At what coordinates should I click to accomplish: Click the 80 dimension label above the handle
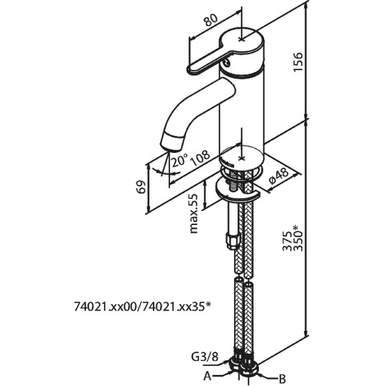click(211, 20)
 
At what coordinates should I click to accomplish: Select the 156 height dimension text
click(298, 62)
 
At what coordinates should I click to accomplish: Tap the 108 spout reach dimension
click(200, 157)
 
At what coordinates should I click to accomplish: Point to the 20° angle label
click(179, 160)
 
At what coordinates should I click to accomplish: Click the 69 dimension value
click(141, 187)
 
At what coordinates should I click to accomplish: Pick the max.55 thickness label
click(193, 214)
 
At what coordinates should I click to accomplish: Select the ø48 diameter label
click(279, 175)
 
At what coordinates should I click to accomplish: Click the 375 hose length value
click(287, 241)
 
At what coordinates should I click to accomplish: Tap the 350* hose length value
click(298, 238)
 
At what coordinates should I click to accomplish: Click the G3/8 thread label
click(205, 357)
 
